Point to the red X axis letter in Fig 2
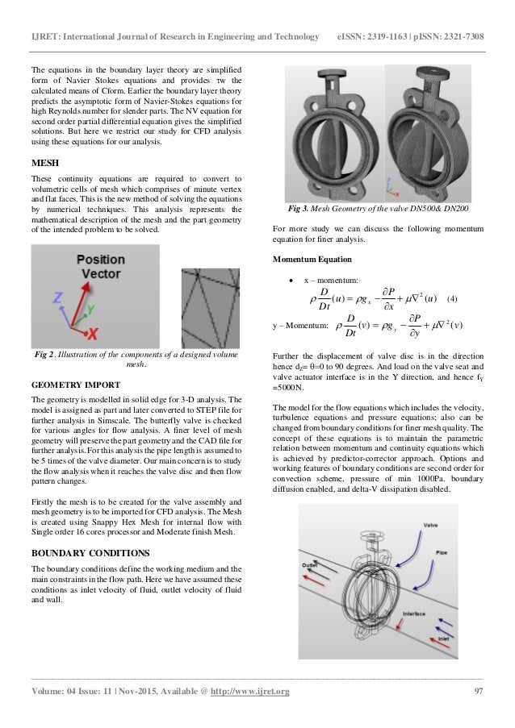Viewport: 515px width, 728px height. coord(94,331)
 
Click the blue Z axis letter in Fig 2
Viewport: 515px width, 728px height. coord(56,298)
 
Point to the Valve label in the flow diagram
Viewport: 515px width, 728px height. coord(430,525)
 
